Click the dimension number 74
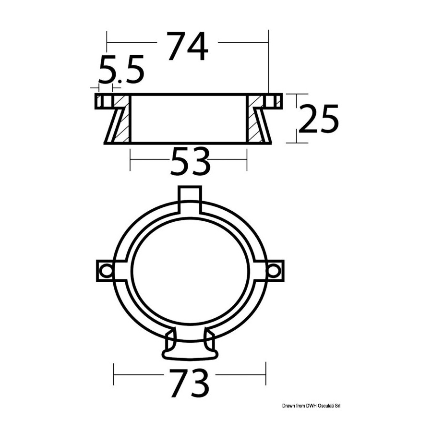[x=188, y=46]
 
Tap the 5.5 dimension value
[x=121, y=69]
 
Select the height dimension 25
[x=319, y=119]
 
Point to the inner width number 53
[x=191, y=161]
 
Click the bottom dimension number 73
[x=190, y=383]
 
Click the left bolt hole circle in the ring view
[x=106, y=271]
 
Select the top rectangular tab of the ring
[x=190, y=200]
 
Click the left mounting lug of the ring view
[x=105, y=271]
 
